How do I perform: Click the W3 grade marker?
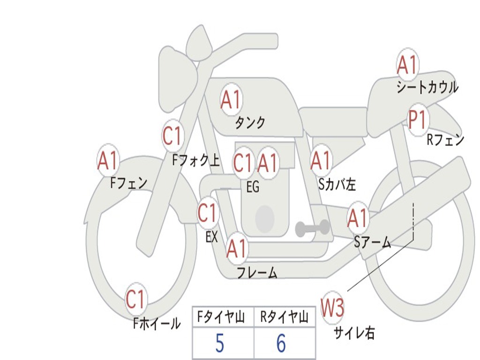click(332, 308)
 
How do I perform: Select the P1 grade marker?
click(417, 120)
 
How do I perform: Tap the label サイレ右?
click(354, 333)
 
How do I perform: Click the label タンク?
click(250, 123)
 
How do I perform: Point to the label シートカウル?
click(427, 87)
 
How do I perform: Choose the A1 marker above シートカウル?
click(407, 66)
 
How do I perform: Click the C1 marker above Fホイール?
click(136, 300)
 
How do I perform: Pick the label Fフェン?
click(129, 182)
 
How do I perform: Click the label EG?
click(253, 187)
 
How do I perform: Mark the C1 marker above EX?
click(207, 214)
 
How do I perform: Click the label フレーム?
click(257, 272)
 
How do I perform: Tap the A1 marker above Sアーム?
click(358, 218)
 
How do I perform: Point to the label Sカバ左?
click(337, 184)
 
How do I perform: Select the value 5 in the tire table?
click(219, 344)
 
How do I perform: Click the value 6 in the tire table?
click(281, 344)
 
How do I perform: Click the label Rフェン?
click(445, 140)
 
